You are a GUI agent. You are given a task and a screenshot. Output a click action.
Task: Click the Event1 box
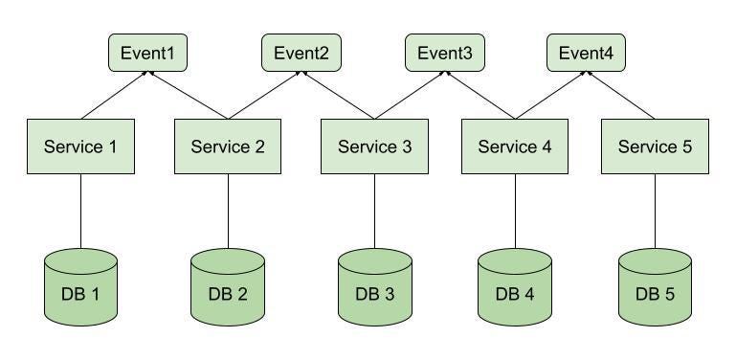click(x=147, y=53)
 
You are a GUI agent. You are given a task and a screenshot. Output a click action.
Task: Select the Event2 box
click(x=301, y=53)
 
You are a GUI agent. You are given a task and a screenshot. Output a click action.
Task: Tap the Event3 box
click(x=445, y=53)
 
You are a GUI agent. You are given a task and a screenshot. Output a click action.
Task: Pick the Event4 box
click(x=586, y=53)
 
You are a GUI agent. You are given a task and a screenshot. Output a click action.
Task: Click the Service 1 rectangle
click(x=80, y=146)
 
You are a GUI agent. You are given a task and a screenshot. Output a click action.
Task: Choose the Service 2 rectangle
click(x=228, y=146)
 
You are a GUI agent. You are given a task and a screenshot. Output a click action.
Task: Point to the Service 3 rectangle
click(x=374, y=146)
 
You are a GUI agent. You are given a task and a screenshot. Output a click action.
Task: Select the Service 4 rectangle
click(x=515, y=146)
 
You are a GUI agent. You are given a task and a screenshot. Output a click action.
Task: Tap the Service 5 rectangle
click(x=656, y=146)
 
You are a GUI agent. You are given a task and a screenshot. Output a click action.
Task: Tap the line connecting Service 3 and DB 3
click(x=374, y=211)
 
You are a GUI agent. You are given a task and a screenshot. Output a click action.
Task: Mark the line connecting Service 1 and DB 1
click(x=80, y=211)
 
